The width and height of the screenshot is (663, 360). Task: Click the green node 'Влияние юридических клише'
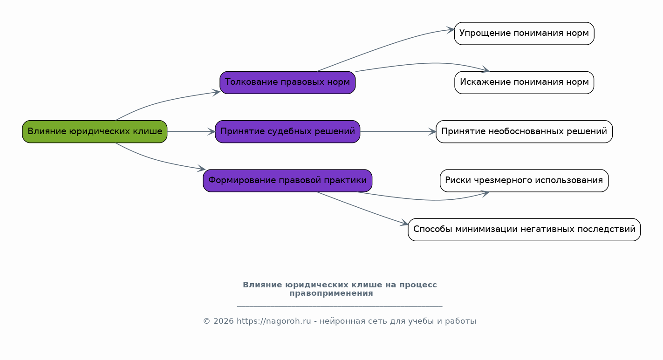95,132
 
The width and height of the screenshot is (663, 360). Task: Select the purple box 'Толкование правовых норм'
287,82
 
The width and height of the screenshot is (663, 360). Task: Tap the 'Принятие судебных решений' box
287,132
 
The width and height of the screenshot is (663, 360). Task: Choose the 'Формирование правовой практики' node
287,181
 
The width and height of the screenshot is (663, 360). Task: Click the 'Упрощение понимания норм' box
524,34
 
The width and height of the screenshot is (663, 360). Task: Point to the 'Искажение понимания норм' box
524,82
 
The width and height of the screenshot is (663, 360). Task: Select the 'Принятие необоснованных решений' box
524,132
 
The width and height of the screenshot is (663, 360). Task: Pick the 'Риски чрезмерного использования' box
524,181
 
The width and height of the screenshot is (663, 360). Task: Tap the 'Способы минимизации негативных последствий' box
524,230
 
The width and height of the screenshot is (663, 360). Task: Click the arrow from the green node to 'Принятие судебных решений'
191,132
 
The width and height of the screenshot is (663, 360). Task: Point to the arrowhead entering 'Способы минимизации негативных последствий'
404,224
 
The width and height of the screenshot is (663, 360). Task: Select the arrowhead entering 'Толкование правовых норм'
216,92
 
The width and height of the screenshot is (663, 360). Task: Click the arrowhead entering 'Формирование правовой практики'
201,170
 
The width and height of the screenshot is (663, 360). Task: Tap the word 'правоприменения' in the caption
331,293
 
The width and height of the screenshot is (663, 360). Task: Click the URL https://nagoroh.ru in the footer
273,321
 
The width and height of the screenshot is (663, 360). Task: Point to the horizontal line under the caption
339,306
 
